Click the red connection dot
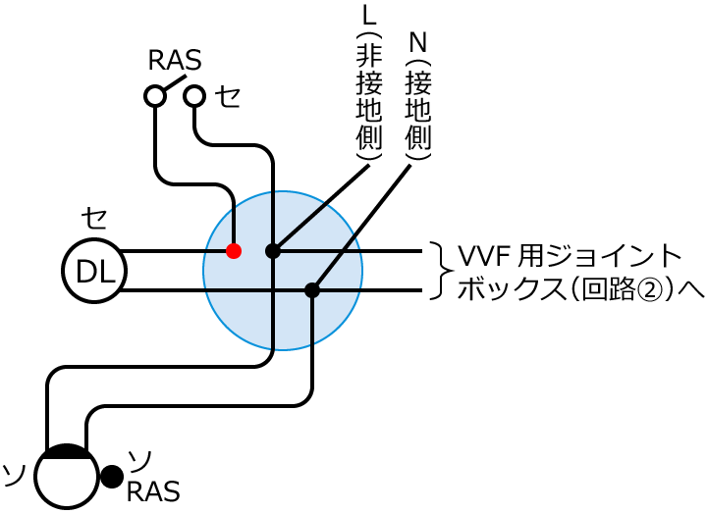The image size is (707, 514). coord(234,251)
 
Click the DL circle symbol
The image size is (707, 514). coord(94,271)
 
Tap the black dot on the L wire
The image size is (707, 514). coord(273,251)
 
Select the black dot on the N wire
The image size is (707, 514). coord(312,290)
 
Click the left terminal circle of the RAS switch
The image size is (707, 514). coord(155,95)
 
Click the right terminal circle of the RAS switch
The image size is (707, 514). coord(194,95)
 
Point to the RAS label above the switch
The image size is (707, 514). coord(174,61)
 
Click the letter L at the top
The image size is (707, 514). coord(369,18)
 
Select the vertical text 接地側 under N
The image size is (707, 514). coord(418,108)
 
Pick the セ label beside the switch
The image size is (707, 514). coord(228,96)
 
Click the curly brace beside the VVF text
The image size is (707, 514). coord(442,271)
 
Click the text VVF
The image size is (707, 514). coord(485,257)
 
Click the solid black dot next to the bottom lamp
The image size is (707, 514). coord(112,476)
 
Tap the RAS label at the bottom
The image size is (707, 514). coord(152,490)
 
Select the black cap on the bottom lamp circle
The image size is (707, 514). coord(67,452)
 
